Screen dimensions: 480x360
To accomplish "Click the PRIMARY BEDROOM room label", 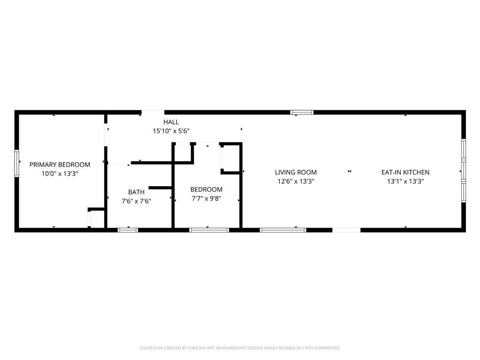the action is [x=60, y=165].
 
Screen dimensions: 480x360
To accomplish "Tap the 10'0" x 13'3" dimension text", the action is [x=60, y=173].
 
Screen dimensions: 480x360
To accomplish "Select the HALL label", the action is [x=171, y=122].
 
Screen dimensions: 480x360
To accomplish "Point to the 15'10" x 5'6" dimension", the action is [x=171, y=131].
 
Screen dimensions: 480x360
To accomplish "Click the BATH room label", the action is [x=136, y=192].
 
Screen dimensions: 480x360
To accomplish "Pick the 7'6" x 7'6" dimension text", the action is [x=136, y=201].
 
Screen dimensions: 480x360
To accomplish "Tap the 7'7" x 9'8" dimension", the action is [x=206, y=198].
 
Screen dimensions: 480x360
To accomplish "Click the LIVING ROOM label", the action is [x=296, y=172].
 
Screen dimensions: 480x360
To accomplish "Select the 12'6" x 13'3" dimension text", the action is [x=296, y=181].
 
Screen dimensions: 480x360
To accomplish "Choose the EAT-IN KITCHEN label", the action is [x=405, y=172].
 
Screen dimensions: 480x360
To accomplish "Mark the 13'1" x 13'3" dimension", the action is [x=405, y=181].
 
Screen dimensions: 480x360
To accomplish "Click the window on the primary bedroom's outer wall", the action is [x=17, y=163].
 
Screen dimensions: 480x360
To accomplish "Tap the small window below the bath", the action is [x=127, y=230].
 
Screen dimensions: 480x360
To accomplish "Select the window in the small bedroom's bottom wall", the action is [x=209, y=230].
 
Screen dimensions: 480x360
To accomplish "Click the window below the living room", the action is [x=283, y=230].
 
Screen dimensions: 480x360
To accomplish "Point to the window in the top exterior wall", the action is [x=302, y=112].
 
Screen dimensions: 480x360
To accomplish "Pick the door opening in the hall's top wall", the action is [x=153, y=112].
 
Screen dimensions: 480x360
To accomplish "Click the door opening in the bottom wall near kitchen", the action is [x=346, y=230].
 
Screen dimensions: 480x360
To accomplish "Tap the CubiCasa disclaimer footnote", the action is [x=240, y=348].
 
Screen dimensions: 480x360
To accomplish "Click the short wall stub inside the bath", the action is [x=160, y=187].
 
